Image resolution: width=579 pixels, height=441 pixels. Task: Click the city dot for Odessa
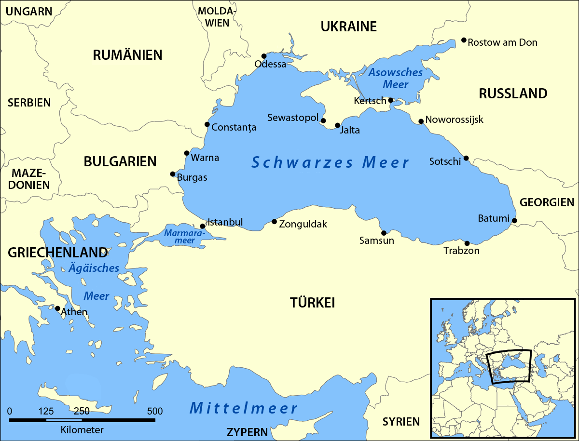(x=264, y=56)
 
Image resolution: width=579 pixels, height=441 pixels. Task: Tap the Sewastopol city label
(x=293, y=118)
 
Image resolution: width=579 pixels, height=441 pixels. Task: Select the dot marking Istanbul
(x=203, y=226)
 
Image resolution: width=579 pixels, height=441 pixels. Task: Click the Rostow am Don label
(x=503, y=42)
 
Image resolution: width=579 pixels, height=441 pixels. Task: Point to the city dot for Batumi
(x=514, y=221)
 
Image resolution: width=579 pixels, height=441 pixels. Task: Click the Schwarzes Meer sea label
(x=331, y=162)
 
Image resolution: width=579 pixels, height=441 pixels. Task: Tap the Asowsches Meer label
(x=395, y=79)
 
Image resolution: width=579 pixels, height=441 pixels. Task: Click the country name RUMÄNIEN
(x=127, y=55)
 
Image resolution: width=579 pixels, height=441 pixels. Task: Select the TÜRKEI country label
(x=312, y=303)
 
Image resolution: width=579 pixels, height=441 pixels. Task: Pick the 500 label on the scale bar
(x=155, y=411)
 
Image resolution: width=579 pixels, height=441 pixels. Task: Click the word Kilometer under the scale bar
(x=82, y=429)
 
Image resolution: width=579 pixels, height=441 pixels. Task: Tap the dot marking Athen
(x=57, y=308)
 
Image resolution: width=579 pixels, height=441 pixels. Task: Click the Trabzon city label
(x=461, y=251)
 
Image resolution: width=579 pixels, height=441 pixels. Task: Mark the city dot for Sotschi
(x=466, y=158)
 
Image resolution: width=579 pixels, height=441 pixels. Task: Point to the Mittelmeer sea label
(x=244, y=408)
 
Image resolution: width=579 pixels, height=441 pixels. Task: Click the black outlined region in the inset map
(x=509, y=366)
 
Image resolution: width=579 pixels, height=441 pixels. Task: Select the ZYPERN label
(x=248, y=431)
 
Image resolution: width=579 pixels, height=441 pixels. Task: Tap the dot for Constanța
(x=207, y=124)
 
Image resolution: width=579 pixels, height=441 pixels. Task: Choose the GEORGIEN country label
(x=547, y=202)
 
